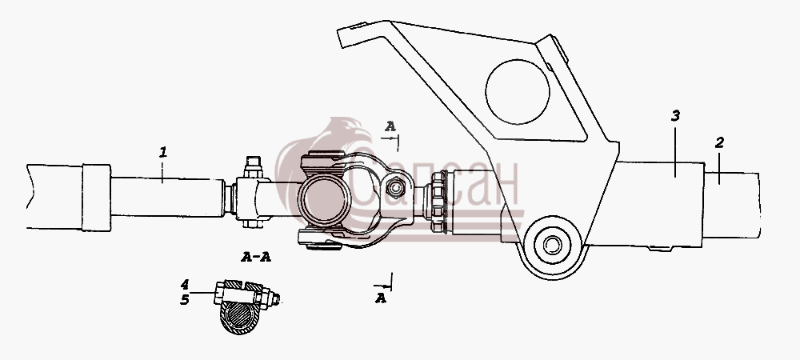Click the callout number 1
(x=162, y=152)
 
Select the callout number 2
(x=719, y=142)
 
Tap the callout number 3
(x=675, y=116)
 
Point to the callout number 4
(x=185, y=284)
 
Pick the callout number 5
(x=185, y=300)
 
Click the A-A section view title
(x=256, y=257)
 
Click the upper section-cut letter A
(x=390, y=126)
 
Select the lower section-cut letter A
(x=381, y=298)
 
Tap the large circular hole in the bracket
(x=518, y=92)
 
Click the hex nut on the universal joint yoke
(x=395, y=187)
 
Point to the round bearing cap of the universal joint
(x=325, y=199)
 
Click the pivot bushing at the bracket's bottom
(x=552, y=245)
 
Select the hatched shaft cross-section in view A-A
(x=240, y=317)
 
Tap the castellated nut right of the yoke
(x=438, y=202)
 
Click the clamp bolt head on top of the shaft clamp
(x=254, y=166)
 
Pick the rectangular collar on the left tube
(x=96, y=198)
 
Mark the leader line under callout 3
(x=675, y=152)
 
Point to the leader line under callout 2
(x=719, y=168)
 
